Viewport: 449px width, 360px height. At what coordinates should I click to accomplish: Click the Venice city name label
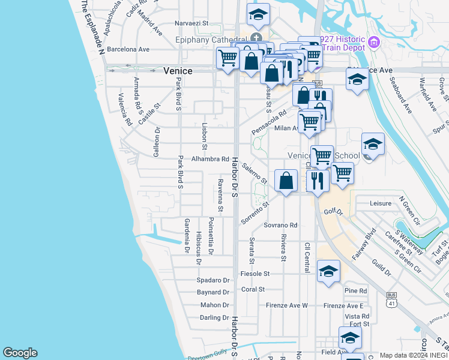(178, 71)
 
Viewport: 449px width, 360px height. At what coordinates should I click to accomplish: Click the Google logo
(20, 353)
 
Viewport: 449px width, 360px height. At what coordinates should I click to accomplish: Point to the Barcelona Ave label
(128, 49)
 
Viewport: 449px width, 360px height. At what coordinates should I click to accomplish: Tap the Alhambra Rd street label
(210, 160)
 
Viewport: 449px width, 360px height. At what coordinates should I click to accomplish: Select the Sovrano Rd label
(280, 226)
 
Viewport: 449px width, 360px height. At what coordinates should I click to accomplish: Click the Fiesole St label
(256, 273)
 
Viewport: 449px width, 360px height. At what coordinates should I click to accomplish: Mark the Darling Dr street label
(214, 317)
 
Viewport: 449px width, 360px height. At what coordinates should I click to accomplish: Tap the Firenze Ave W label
(287, 305)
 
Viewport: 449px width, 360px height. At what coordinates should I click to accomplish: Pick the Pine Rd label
(356, 291)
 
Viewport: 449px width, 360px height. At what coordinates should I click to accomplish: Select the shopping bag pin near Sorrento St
(286, 180)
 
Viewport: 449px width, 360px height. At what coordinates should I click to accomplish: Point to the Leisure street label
(381, 203)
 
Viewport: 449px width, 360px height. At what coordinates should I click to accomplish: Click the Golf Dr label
(333, 212)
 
